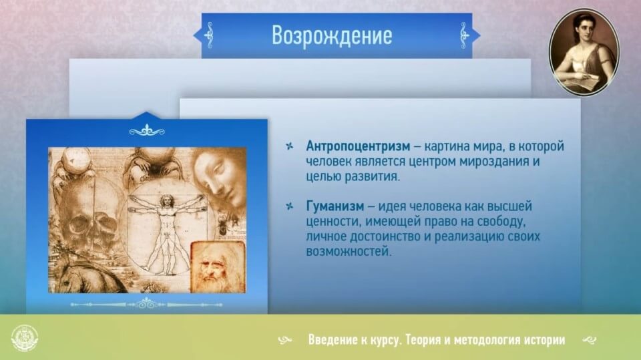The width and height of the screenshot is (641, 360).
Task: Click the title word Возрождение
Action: (332, 35)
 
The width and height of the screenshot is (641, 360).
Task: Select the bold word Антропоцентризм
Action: (358, 146)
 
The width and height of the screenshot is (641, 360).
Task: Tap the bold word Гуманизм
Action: (335, 206)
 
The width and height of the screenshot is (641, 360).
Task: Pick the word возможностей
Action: (349, 252)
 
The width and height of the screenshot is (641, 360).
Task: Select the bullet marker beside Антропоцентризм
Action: (289, 146)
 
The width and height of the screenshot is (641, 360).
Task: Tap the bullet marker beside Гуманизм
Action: (289, 206)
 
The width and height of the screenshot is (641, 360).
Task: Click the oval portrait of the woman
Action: (584, 52)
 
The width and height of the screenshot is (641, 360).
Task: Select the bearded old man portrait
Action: (218, 266)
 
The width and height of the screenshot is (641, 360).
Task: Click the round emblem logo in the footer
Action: (25, 339)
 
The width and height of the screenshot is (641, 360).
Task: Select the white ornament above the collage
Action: (147, 131)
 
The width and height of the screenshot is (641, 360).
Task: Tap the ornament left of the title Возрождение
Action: (209, 35)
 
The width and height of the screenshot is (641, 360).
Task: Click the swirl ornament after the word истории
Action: (589, 340)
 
